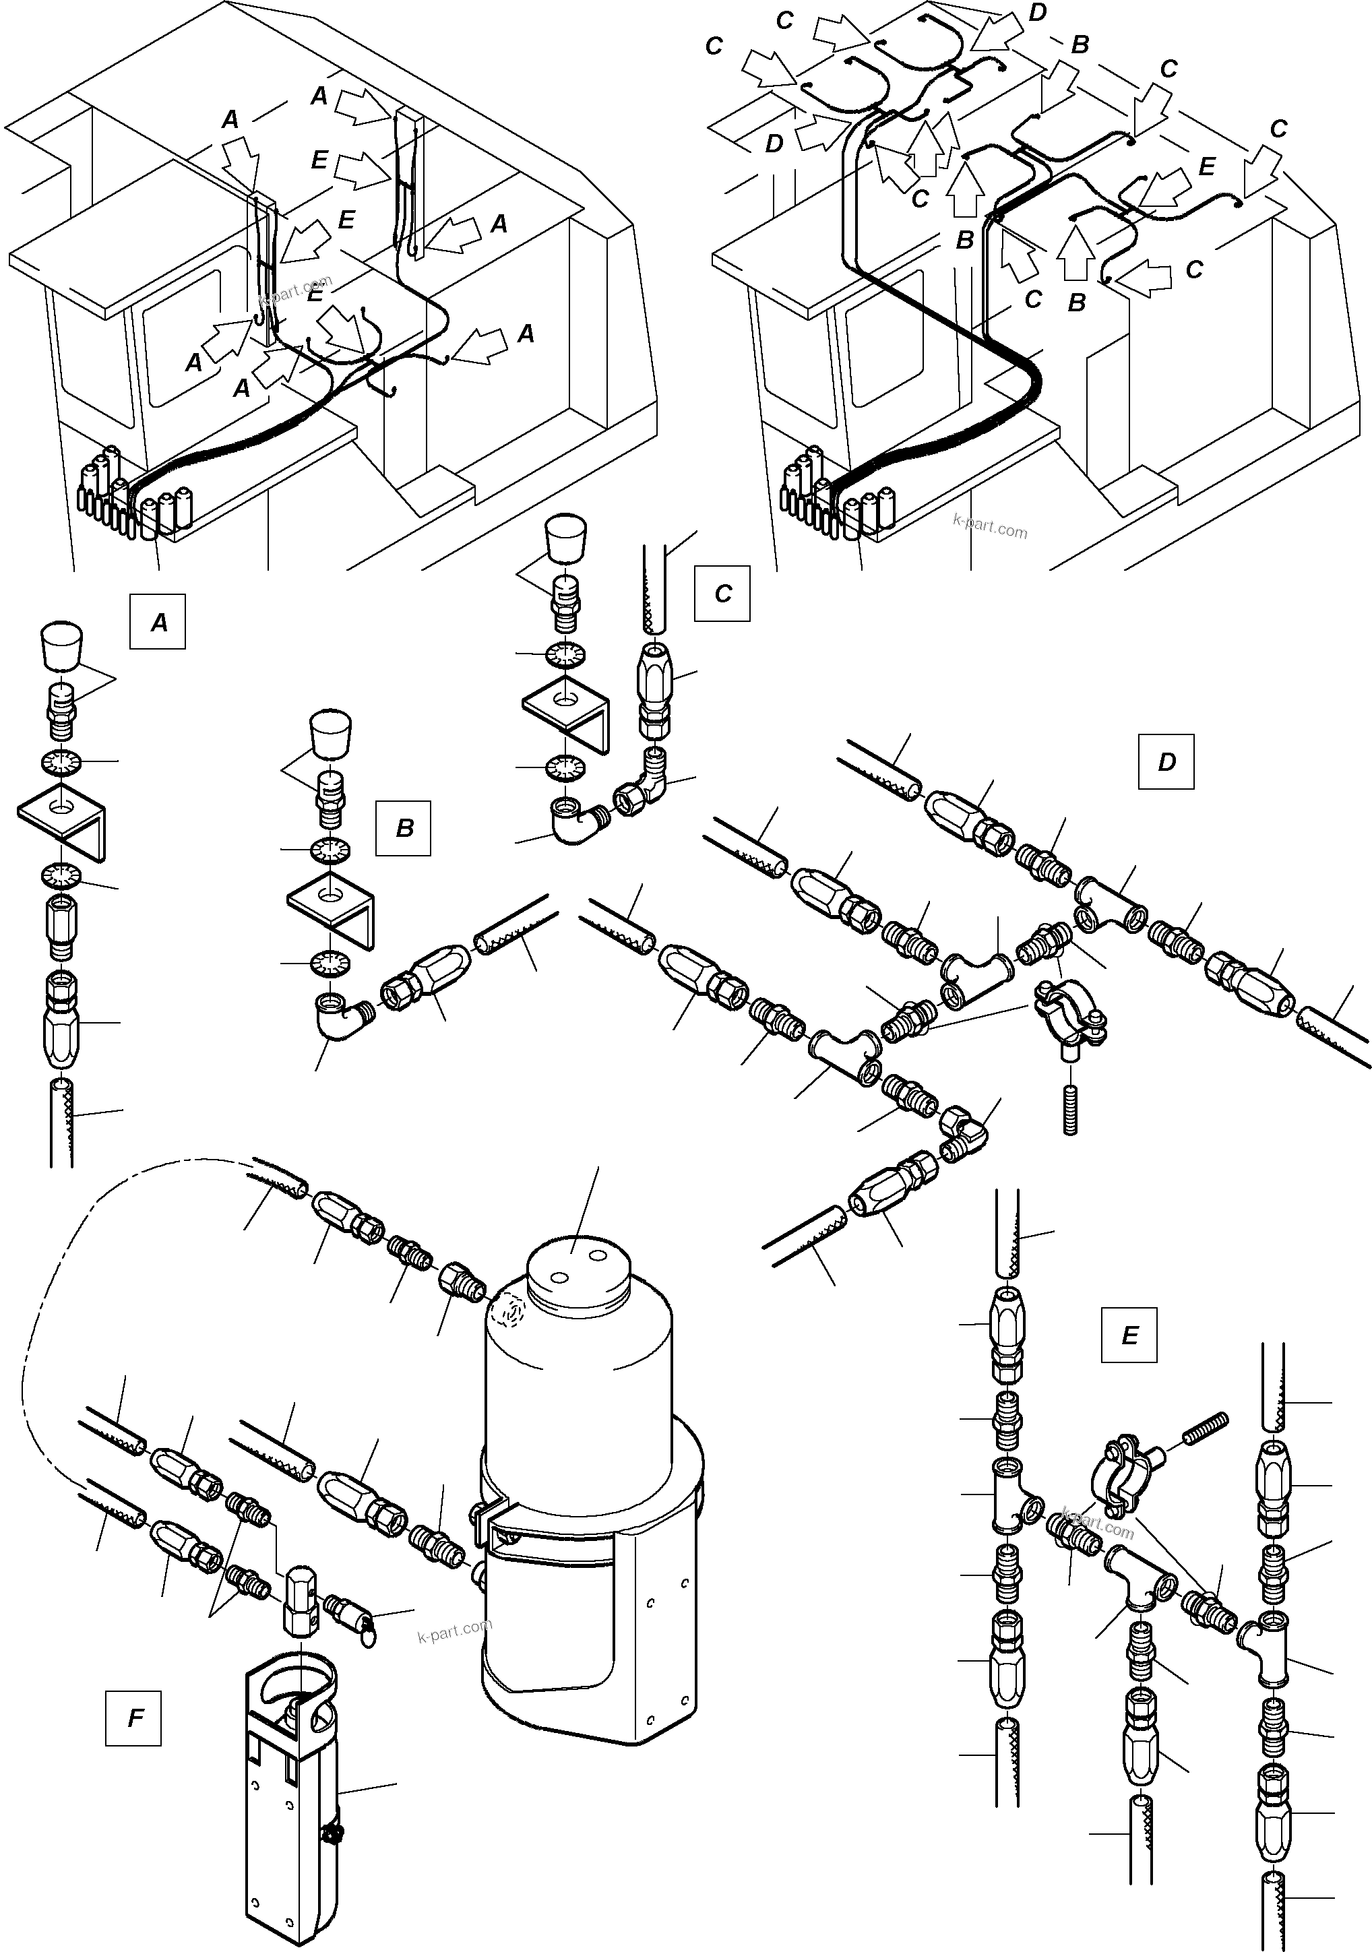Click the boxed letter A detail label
tap(158, 623)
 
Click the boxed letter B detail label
tap(404, 827)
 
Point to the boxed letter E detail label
tap(1129, 1335)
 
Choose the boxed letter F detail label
tap(133, 1718)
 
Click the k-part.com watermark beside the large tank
tap(455, 1631)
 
